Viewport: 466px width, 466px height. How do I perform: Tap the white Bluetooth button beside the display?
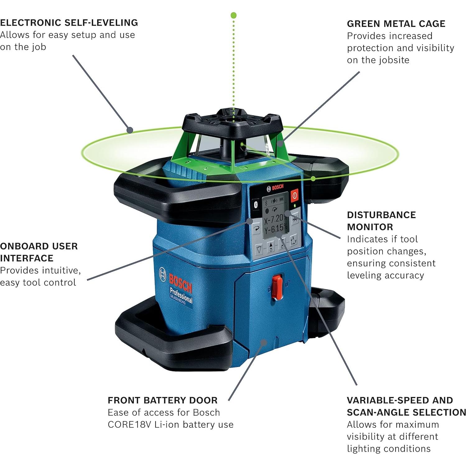coord(255,204)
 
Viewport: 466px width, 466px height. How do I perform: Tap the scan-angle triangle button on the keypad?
coord(259,249)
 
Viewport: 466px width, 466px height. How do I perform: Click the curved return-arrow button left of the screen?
coord(256,229)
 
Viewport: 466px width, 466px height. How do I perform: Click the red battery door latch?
coord(277,287)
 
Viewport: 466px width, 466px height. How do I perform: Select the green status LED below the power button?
coord(294,206)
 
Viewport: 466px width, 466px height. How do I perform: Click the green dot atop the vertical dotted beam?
coord(234,15)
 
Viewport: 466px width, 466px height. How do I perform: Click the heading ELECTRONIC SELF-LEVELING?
coord(69,23)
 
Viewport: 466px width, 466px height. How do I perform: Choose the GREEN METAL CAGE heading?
coord(396,24)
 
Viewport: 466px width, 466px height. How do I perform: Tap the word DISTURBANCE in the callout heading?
coord(381,215)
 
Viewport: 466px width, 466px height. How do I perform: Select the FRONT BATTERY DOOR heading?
coord(162,400)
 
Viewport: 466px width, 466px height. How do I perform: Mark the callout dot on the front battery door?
coord(264,342)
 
